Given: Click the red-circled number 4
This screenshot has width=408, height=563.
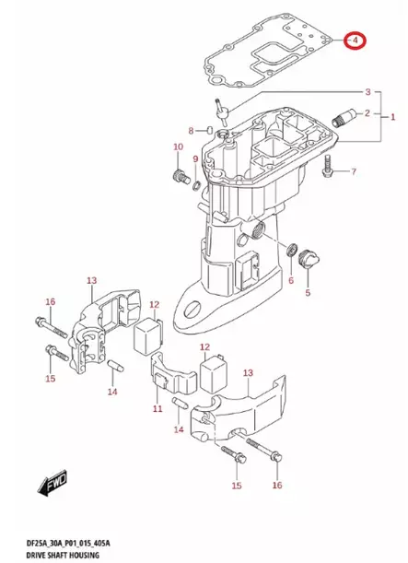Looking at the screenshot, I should point(354,41).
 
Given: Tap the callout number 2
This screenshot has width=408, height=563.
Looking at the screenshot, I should point(367,92).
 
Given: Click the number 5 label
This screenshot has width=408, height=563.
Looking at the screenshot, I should point(308,294).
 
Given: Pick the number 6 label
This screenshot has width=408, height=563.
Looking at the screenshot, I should point(290,280).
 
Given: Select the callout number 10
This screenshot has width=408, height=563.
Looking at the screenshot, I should point(179,147).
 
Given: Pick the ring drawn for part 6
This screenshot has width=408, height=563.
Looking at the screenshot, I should point(292,250).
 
